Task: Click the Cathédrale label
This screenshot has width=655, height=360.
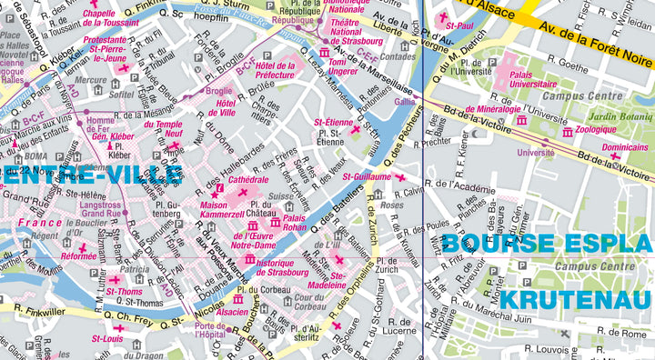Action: tap(248, 180)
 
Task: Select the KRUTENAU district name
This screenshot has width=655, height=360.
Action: tap(577, 300)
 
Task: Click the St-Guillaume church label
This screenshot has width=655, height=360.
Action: tap(366, 176)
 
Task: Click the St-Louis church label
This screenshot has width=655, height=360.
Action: tap(107, 338)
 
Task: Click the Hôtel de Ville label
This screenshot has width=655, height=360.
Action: tap(227, 108)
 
